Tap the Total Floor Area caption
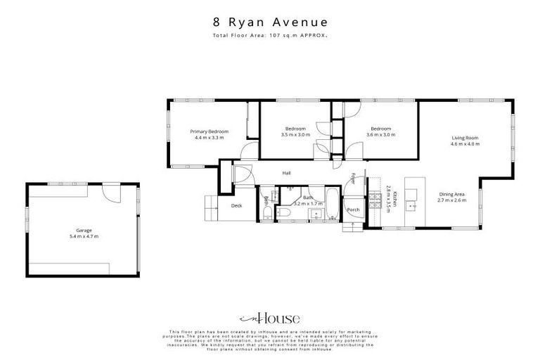[x=271, y=34]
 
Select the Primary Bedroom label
[x=209, y=131]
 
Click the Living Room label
[x=465, y=138]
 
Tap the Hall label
[x=287, y=173]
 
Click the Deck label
[x=236, y=206]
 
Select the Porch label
[x=354, y=210]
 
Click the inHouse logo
[x=270, y=318]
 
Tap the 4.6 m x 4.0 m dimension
[x=465, y=144]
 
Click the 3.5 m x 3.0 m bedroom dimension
[x=294, y=134]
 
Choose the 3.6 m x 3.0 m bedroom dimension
[x=381, y=134]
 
